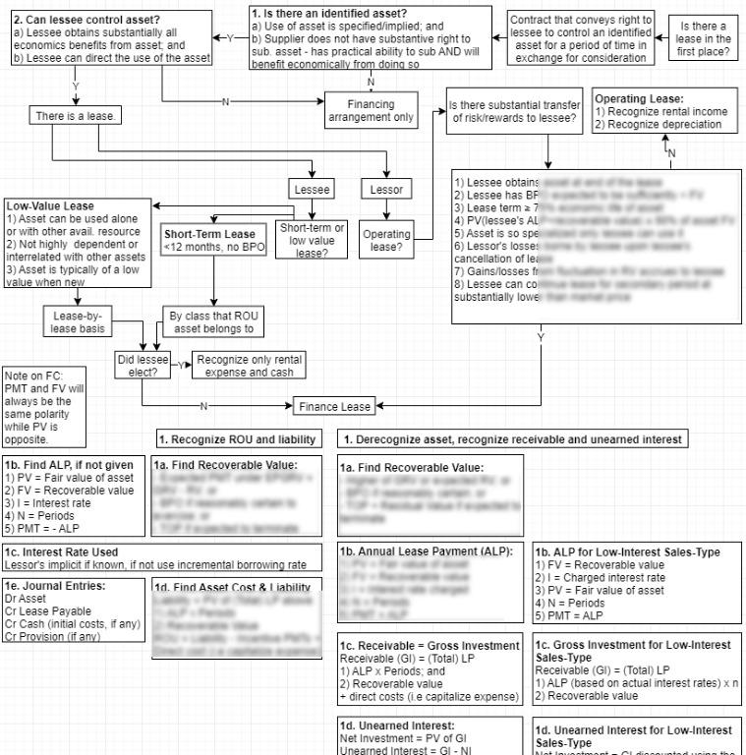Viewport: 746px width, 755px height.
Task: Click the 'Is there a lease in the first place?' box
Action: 705,38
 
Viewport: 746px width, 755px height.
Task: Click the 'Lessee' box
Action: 313,188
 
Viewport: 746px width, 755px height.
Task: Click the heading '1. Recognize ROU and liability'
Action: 236,437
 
